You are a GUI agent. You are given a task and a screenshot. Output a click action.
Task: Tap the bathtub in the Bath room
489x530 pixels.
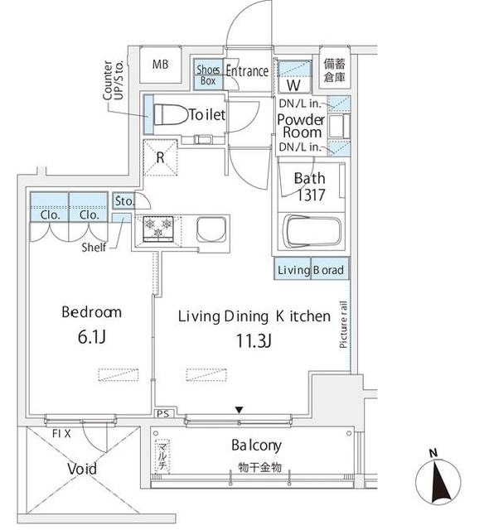point(312,231)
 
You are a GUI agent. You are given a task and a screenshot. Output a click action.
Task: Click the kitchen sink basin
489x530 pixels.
point(211,229)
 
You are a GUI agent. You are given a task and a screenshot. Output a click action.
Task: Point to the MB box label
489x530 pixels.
point(160,65)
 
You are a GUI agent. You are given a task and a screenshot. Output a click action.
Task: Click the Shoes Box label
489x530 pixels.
point(208,75)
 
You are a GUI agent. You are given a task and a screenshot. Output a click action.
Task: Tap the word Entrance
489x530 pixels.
point(247,71)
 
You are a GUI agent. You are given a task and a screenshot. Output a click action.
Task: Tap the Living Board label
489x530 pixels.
point(310,270)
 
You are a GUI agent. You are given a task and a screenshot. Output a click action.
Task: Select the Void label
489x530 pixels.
point(81,469)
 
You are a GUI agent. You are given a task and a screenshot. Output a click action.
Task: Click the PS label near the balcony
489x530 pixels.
point(161,412)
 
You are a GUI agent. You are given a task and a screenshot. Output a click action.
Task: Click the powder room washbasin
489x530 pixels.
point(336,128)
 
